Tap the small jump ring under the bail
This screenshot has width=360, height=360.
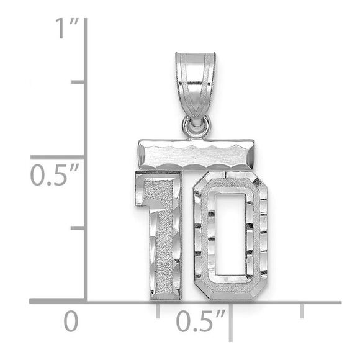(x=196, y=128)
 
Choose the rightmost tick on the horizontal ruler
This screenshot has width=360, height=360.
(x=302, y=310)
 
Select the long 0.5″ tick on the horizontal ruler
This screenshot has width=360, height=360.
(x=230, y=320)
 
